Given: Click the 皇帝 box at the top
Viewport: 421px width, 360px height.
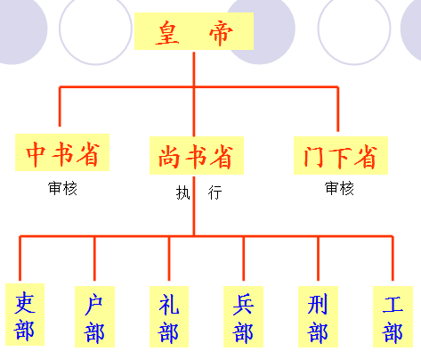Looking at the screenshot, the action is pyautogui.click(x=194, y=31).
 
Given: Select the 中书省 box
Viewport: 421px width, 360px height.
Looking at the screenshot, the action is pyautogui.click(x=62, y=152).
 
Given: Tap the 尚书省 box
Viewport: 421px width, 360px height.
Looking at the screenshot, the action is pyautogui.click(x=197, y=156).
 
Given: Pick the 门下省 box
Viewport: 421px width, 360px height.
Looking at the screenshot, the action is pyautogui.click(x=341, y=155).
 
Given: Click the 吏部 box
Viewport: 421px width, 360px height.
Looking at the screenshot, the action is pyautogui.click(x=25, y=315).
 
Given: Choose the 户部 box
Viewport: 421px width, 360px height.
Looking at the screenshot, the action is pyautogui.click(x=94, y=316).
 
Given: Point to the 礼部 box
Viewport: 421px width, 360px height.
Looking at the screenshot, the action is pyautogui.click(x=169, y=316).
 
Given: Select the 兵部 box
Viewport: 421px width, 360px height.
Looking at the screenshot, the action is pyautogui.click(x=243, y=316).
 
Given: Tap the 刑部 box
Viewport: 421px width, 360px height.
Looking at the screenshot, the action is pyautogui.click(x=318, y=316).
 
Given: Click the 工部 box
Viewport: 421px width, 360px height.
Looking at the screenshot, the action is pyautogui.click(x=393, y=316).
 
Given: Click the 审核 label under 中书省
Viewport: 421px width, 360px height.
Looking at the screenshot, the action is pyautogui.click(x=62, y=188).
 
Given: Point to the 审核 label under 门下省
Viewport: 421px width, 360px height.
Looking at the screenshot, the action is pyautogui.click(x=339, y=188).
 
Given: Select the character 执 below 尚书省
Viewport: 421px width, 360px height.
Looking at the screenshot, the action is pyautogui.click(x=182, y=192).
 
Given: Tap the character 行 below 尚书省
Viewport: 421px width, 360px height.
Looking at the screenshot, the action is pyautogui.click(x=215, y=192).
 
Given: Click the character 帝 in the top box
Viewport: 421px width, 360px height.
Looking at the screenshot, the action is pyautogui.click(x=221, y=33).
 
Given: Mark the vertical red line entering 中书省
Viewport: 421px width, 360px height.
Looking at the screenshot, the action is pyautogui.click(x=60, y=107).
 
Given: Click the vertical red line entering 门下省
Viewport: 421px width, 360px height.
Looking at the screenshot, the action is pyautogui.click(x=337, y=109).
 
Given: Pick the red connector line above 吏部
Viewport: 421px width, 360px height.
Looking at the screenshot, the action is pyautogui.click(x=20, y=258).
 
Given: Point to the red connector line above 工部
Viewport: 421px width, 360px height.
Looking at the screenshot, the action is pyautogui.click(x=393, y=258).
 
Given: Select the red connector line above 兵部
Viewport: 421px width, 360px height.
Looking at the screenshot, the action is pyautogui.click(x=243, y=258).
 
